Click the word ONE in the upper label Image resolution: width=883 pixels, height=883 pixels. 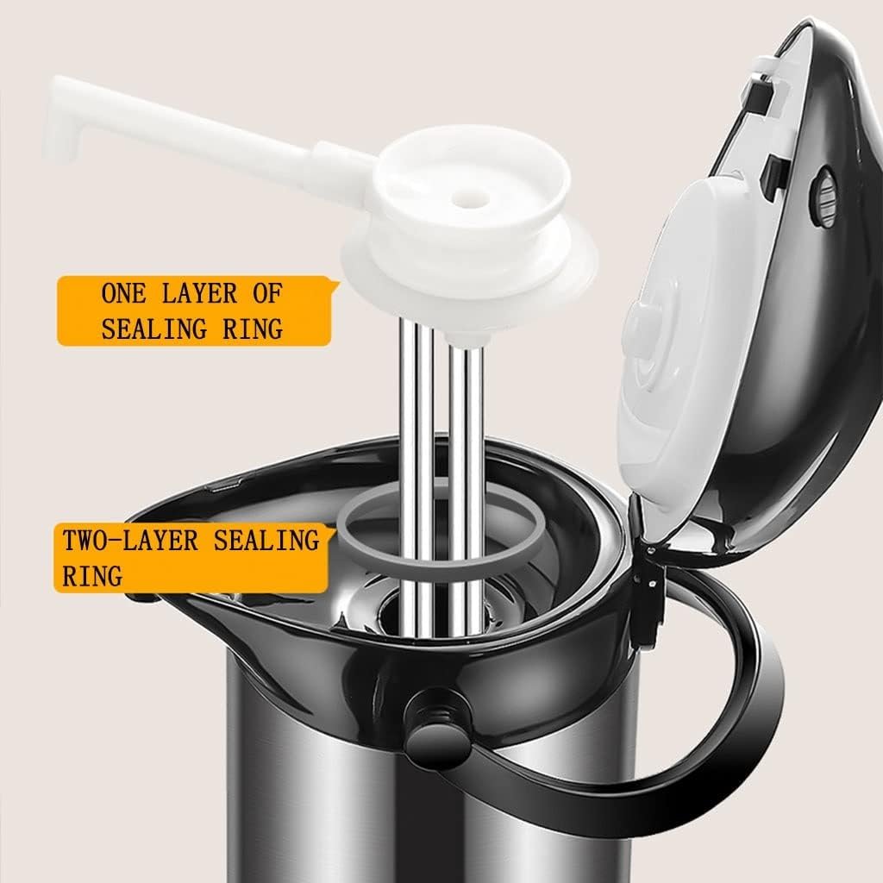tap(123, 294)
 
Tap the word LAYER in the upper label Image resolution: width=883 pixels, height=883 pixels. tap(199, 294)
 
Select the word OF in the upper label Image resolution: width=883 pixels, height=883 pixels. tap(266, 294)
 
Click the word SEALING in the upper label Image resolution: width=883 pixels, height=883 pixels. tap(153, 329)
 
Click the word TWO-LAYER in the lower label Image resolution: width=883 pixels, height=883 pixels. tap(130, 541)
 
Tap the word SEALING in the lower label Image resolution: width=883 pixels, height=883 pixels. tap(266, 541)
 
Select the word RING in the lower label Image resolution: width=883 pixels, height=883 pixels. tap(92, 575)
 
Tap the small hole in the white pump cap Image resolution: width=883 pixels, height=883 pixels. tap(471, 198)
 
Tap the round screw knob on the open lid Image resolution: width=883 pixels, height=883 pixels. tap(823, 197)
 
